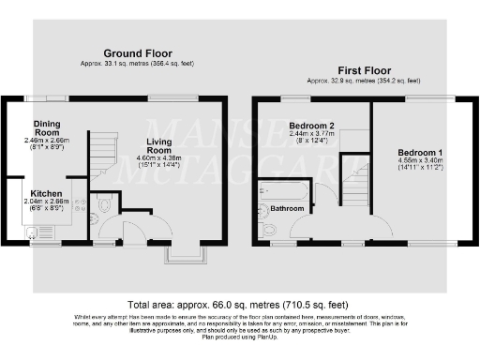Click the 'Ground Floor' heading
tap(137, 52)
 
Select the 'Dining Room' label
tap(48, 128)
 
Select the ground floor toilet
tap(104, 202)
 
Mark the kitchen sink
tap(36, 234)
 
